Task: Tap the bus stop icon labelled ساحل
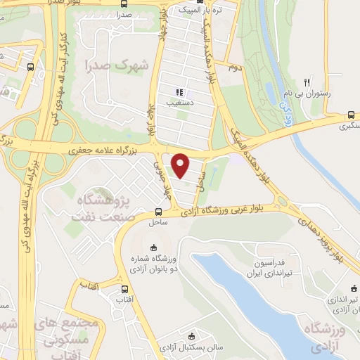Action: point(159,211)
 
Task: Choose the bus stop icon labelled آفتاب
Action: point(125,289)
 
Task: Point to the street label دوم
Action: point(234,68)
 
